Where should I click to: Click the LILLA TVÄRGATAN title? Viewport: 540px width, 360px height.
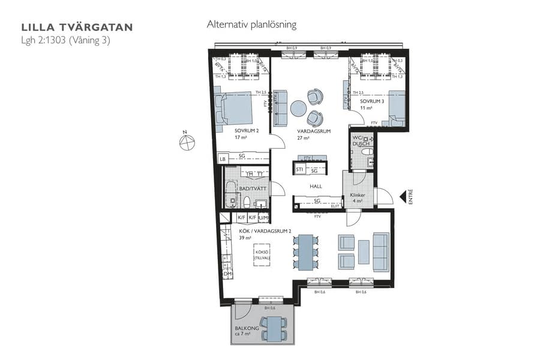click(x=77, y=27)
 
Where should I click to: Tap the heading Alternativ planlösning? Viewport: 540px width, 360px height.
click(x=251, y=25)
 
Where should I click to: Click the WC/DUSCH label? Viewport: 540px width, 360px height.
click(x=361, y=140)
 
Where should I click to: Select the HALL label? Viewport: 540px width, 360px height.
click(x=316, y=187)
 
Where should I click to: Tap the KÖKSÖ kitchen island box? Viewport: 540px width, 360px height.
click(x=262, y=255)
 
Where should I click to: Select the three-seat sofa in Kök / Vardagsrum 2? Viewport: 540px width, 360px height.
click(x=380, y=250)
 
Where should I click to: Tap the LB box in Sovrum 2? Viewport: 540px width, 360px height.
click(x=223, y=159)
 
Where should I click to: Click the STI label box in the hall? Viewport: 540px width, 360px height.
click(x=299, y=170)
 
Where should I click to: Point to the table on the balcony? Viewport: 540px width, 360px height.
click(x=274, y=329)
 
